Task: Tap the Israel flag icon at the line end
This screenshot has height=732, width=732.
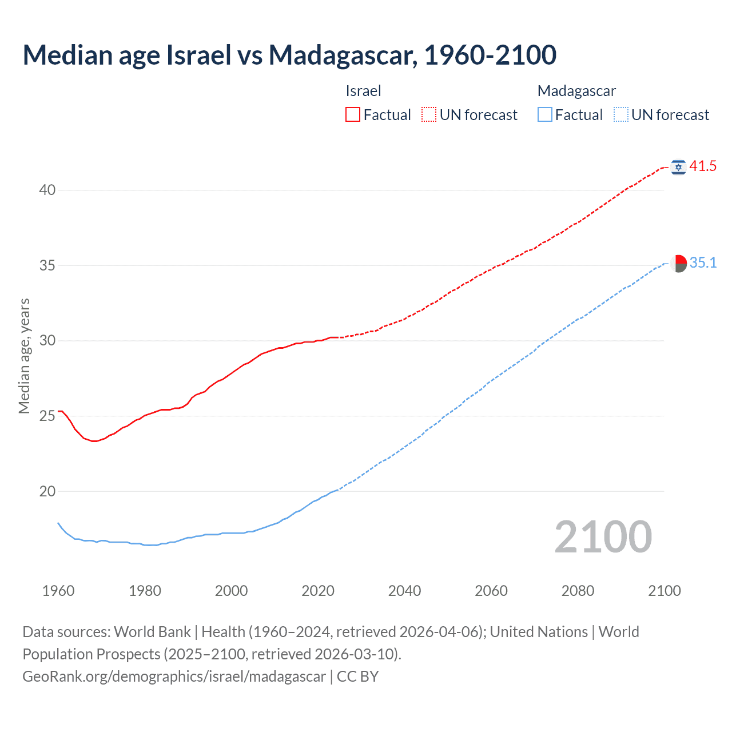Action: click(678, 167)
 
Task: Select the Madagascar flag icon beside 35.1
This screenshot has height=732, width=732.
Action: click(678, 264)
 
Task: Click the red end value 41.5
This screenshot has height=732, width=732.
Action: click(703, 166)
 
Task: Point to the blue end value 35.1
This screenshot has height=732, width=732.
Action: click(703, 263)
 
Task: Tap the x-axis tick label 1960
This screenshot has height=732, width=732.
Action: click(58, 591)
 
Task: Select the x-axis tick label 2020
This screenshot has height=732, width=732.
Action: click(318, 591)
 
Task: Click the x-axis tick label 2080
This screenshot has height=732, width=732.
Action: click(578, 591)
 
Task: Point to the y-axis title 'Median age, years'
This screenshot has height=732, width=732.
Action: click(24, 356)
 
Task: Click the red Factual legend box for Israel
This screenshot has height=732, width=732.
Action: click(353, 115)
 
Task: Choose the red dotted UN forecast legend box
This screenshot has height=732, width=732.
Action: click(429, 115)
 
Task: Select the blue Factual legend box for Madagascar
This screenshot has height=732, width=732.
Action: click(545, 115)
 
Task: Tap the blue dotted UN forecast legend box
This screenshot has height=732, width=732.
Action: click(621, 115)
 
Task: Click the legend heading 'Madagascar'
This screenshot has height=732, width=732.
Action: click(576, 91)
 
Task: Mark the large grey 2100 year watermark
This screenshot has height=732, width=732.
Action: click(603, 536)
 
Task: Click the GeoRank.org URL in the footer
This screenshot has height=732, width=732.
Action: click(174, 677)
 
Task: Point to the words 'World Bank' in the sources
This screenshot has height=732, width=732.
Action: click(152, 632)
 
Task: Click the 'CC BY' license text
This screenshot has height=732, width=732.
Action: click(357, 677)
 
